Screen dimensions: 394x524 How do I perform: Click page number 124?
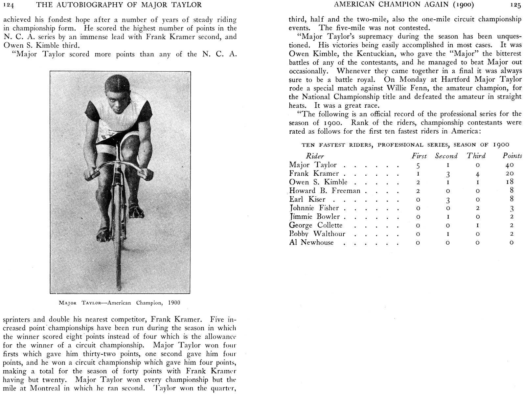(x=8, y=5)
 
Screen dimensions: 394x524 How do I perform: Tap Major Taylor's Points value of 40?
(x=510, y=165)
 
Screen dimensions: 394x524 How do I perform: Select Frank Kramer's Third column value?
(x=477, y=174)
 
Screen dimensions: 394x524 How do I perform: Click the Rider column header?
(x=314, y=156)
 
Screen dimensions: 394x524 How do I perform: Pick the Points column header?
(x=512, y=156)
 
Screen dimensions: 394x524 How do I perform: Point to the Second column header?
(x=446, y=156)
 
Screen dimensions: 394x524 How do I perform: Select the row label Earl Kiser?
(x=307, y=199)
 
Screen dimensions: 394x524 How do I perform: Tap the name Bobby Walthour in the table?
(x=317, y=234)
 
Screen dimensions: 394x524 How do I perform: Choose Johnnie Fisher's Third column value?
(x=477, y=208)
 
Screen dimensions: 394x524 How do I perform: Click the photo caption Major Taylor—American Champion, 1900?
(x=119, y=303)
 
